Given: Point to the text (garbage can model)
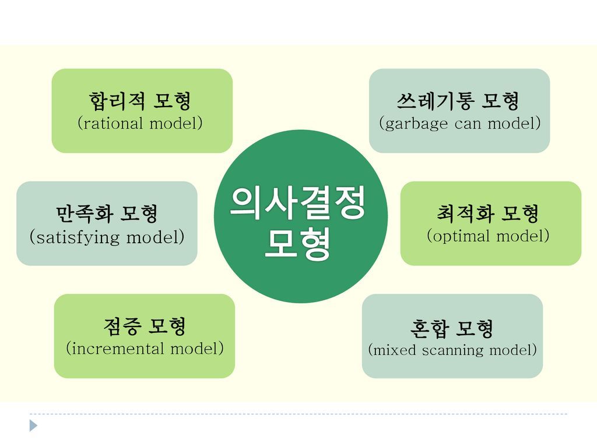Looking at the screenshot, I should coord(459,123).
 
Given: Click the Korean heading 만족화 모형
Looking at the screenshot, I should coord(107,214).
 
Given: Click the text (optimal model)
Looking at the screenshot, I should coord(488,236).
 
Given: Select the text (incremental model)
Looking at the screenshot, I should coord(145,349).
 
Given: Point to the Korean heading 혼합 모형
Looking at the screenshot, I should coord(452,329).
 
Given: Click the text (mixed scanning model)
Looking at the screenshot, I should coord(452,350).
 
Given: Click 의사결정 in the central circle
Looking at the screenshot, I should coord(298,203).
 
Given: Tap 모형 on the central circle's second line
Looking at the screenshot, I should coord(298,245).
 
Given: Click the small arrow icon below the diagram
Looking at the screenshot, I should coord(34,425).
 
